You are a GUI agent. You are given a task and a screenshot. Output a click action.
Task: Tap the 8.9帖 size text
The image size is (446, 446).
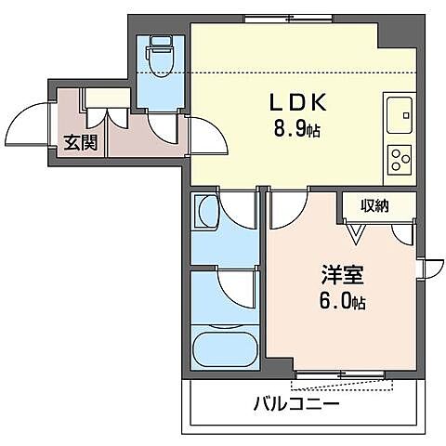click(x=296, y=130)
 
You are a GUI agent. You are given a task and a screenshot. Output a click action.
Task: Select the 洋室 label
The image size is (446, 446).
click(x=342, y=276)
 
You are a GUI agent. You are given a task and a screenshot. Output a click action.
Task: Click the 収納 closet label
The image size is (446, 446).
click(x=376, y=204)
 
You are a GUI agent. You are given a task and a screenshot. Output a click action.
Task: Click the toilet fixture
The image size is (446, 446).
click(x=161, y=58)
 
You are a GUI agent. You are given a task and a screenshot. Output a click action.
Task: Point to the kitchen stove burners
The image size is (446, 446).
click(x=400, y=159)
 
